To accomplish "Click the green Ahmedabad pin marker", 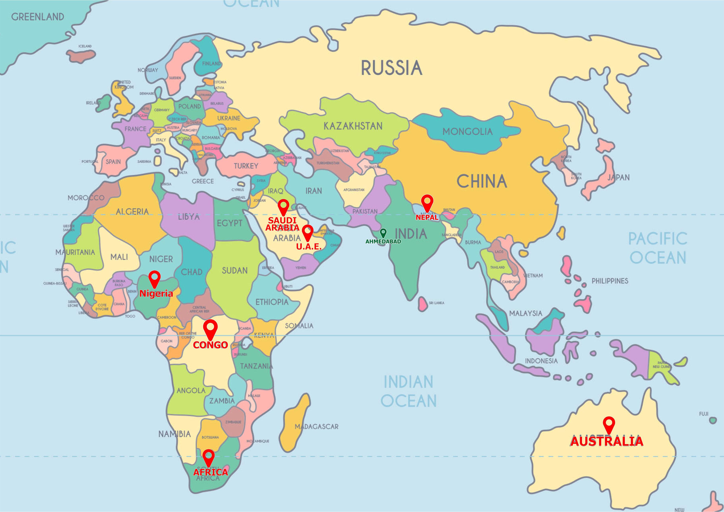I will (383, 233).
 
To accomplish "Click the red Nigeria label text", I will (156, 294).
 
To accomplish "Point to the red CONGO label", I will (210, 345).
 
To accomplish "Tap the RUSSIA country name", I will (391, 68).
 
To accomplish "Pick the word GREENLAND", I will (38, 17).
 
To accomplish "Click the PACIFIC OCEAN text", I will (658, 248).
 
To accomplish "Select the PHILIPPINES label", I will (609, 281).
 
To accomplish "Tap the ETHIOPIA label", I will (272, 302).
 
